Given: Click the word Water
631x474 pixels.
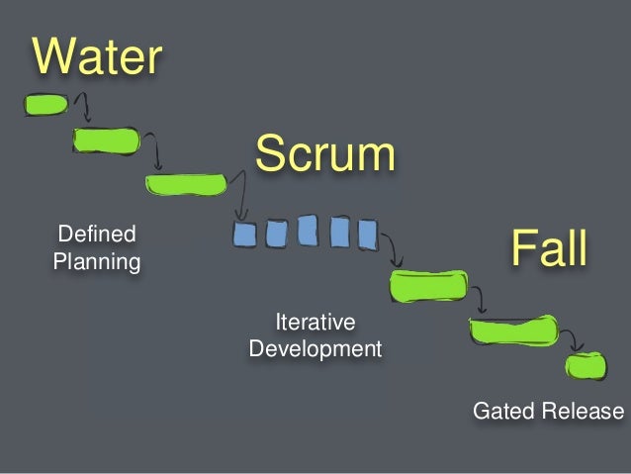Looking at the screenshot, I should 97,57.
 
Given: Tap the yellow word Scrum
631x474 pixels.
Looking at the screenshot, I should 324,155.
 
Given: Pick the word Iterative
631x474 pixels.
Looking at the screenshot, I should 315,323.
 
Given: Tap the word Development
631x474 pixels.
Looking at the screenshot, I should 315,349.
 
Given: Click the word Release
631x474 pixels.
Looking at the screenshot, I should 583,411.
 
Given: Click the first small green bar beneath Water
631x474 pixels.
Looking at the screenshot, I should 45,104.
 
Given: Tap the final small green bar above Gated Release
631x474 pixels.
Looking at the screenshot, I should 586,367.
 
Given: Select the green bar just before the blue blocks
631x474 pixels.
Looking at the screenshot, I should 186,184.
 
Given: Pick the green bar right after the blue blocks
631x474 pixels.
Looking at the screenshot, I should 427,285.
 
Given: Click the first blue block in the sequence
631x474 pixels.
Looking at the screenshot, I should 245,235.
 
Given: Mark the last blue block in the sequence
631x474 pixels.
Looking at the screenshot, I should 367,234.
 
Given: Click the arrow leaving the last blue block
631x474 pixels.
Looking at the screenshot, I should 392,247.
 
